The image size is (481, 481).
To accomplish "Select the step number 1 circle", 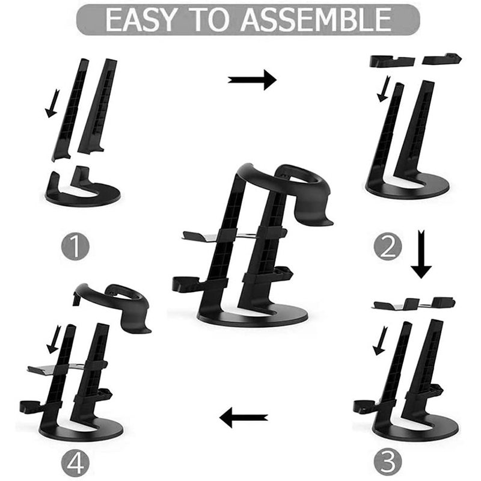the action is click(76, 247).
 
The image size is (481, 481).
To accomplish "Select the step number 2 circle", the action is click(388, 248).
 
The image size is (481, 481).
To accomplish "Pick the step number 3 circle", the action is click(388, 461).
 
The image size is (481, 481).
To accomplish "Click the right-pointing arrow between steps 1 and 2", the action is click(252, 80).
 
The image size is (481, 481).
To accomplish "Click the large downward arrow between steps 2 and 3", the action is click(421, 254).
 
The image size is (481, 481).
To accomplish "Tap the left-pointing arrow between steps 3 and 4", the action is click(244, 417).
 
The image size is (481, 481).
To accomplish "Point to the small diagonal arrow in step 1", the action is click(52, 103).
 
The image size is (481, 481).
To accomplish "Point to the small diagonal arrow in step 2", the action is click(384, 88).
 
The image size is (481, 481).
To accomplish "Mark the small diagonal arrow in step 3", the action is click(381, 341).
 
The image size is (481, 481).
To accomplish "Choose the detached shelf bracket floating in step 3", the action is click(413, 303).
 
